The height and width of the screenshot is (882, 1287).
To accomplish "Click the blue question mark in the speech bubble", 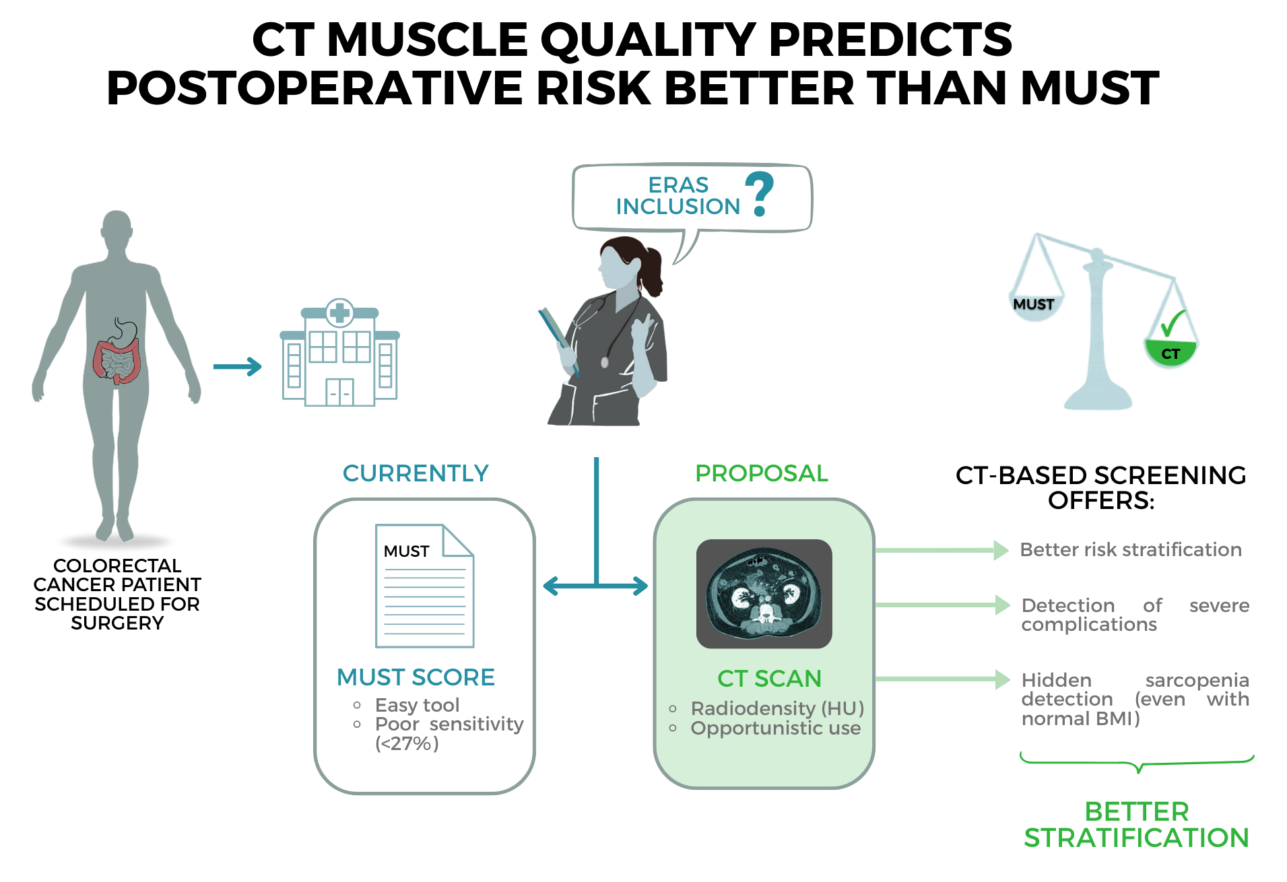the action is (760, 193).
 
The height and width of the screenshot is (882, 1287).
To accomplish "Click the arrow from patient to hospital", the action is (237, 367).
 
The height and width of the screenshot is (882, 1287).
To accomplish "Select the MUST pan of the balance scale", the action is (1034, 306).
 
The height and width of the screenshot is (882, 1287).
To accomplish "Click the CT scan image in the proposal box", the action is (764, 594).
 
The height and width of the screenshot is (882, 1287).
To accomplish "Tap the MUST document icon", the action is (424, 586).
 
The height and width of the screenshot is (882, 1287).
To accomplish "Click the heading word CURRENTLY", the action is (416, 473).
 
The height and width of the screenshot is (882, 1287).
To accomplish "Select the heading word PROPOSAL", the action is (761, 473).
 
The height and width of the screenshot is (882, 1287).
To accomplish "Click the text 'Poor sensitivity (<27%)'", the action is (449, 733).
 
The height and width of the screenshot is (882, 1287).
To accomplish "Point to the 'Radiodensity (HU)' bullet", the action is (777, 708).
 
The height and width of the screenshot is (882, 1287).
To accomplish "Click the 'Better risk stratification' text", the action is (1131, 549).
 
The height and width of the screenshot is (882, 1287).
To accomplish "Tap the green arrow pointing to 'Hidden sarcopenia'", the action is (943, 679).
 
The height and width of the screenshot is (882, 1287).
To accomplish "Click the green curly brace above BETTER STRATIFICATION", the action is (1137, 763).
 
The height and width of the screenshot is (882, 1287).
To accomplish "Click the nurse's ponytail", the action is (652, 269).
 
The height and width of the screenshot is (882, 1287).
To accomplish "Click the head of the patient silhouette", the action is (117, 229).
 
